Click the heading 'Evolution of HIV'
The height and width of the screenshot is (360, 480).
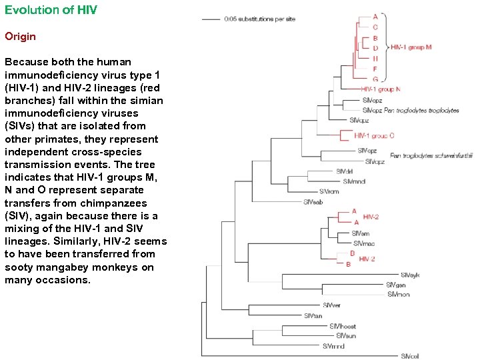(51, 11)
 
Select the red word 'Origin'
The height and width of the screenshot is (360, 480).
(20, 36)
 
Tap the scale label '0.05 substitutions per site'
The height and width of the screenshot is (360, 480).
(259, 19)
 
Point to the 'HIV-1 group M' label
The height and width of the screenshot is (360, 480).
(411, 47)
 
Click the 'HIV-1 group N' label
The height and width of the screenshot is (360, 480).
(381, 89)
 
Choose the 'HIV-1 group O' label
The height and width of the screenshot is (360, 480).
(374, 135)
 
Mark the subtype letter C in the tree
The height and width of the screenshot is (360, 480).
(375, 27)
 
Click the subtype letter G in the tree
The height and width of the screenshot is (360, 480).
(375, 79)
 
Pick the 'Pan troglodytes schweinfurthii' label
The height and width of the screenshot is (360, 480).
(431, 156)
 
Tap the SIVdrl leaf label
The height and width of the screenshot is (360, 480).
(345, 171)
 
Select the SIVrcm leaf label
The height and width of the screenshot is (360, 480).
(329, 192)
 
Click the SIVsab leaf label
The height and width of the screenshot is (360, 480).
(313, 202)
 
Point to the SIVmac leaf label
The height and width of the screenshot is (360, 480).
(364, 243)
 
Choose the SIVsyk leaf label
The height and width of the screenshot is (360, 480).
(410, 275)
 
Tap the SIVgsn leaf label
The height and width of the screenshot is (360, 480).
(395, 285)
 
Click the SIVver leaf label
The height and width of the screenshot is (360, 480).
(331, 305)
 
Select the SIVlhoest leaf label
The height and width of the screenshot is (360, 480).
(342, 326)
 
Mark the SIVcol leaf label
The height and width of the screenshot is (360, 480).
(410, 356)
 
